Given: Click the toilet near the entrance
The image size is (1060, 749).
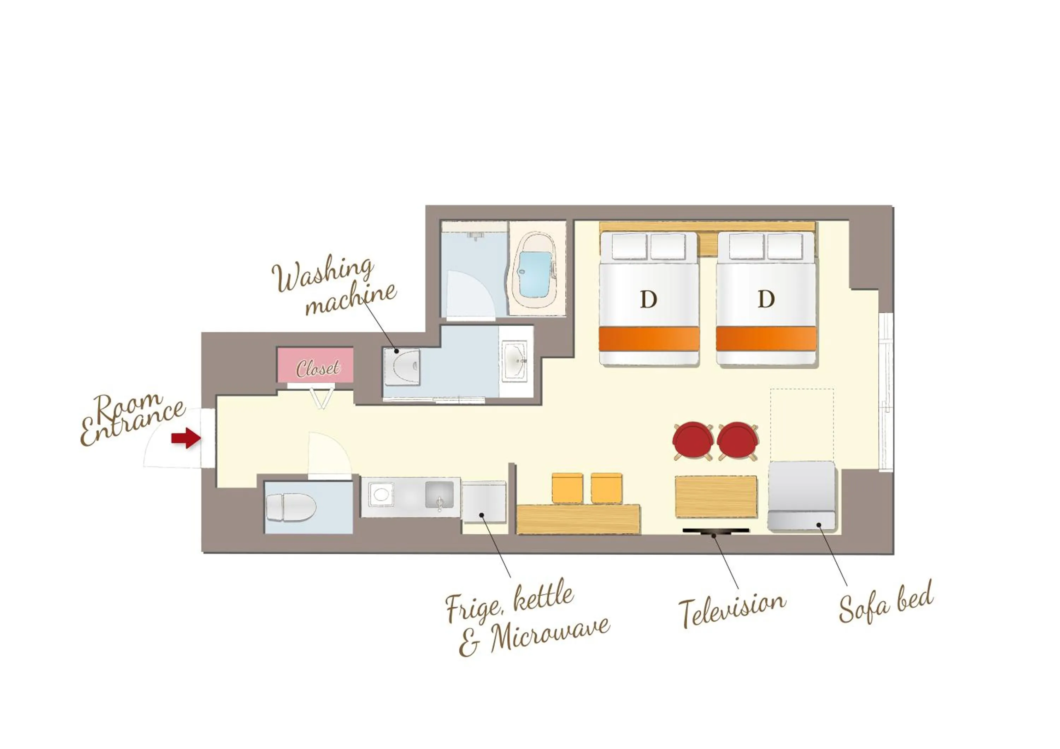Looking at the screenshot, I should point(291,508).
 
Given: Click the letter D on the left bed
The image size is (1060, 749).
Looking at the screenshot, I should point(648,300).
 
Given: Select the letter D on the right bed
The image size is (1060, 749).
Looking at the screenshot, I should point(766,300).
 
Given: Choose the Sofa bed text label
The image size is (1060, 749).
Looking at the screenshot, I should point(885,602).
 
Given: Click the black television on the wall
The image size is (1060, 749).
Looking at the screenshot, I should point(715,531).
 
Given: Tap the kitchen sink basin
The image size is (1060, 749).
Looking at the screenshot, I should point(439,495).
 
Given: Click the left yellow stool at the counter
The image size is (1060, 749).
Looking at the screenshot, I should point(567,487).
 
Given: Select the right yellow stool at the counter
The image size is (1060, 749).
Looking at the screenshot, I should point(606,487).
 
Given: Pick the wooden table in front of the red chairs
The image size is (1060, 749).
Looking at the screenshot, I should point(715,496).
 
